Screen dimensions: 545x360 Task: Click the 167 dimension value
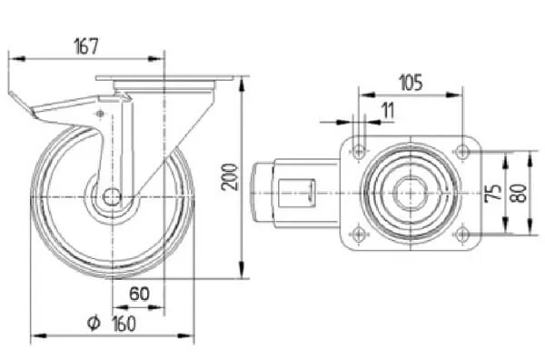tap(86, 46)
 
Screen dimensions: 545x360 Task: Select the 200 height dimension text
tap(230, 177)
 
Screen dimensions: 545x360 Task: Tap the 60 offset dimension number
tap(139, 294)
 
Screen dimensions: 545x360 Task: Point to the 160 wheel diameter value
tap(124, 325)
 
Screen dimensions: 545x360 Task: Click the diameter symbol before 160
tap(94, 324)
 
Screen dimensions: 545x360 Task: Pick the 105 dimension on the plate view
tap(411, 83)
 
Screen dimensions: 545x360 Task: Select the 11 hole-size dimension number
tap(388, 110)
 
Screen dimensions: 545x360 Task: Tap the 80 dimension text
tap(519, 193)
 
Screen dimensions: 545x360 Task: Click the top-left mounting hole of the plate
tap(359, 152)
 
